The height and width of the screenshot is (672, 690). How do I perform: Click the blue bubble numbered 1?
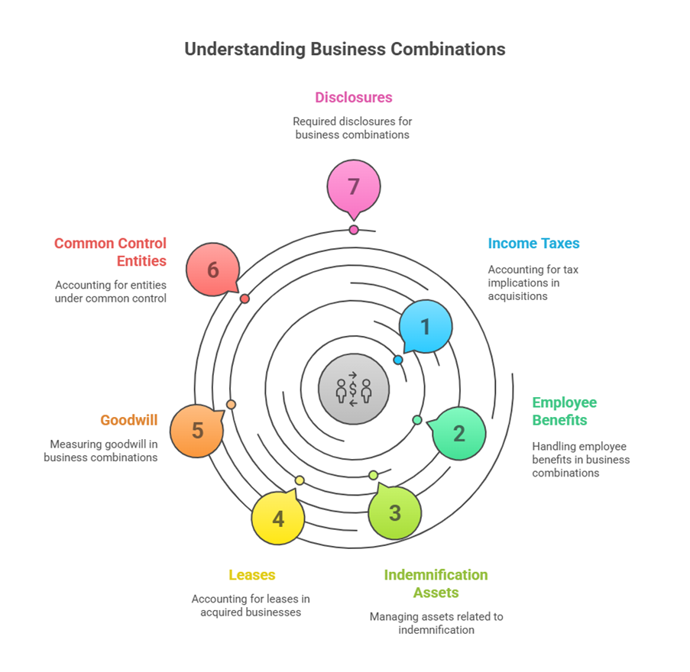coord(426,326)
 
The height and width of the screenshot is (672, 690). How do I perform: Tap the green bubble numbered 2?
coord(458,433)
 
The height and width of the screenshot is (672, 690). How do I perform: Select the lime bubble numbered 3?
coord(394,512)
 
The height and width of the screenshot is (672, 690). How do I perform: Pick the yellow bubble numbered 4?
coord(278,519)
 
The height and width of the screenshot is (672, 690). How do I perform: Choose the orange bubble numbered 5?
coord(197,431)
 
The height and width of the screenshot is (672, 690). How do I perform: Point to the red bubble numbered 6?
coord(212,270)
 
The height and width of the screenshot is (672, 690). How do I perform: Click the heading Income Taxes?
coord(533,244)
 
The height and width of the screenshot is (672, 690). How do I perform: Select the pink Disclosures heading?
coord(354,98)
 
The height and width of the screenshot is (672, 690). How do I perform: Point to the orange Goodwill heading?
coord(129,420)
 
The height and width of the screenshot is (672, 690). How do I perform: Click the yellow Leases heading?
coord(251,575)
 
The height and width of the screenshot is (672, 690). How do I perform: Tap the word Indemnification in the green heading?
coord(436,575)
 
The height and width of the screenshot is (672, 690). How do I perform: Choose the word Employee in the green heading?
coord(565,402)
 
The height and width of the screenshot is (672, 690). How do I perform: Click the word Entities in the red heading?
coord(141,261)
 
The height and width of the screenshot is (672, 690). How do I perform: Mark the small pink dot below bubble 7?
coord(354,230)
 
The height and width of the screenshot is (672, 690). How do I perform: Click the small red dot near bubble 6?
coord(245,299)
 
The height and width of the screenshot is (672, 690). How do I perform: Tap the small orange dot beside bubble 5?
coord(232,405)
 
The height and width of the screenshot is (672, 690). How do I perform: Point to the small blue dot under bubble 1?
coord(398,360)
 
